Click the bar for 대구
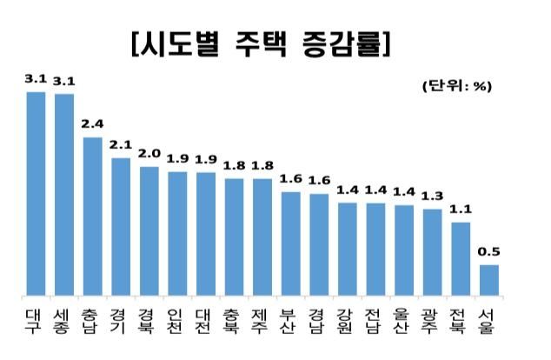coord(36,192)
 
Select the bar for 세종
coord(64,193)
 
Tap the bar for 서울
coord(488,279)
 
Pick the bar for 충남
coord(92,215)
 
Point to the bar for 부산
coord(290,243)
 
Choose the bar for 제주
coord(262,236)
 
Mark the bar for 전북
coord(461,257)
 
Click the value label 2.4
coord(92,124)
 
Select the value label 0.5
coord(488,252)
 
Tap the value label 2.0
coord(149,153)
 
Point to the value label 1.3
coord(432,197)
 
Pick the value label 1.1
coord(461,210)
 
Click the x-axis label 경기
coord(121,317)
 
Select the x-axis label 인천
coord(177,317)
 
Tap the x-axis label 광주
coord(432,317)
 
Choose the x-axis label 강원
coord(347,317)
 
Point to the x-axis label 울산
coord(403,317)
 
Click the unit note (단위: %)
coord(457,86)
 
